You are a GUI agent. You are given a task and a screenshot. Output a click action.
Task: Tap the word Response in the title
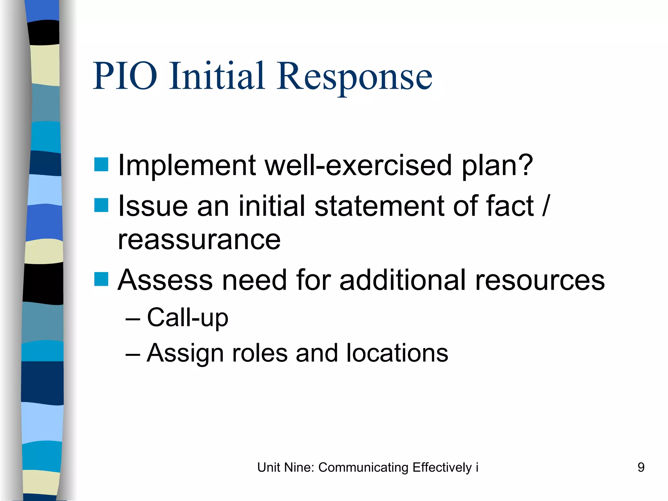tap(355, 77)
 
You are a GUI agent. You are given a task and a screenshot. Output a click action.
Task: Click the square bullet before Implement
tap(101, 164)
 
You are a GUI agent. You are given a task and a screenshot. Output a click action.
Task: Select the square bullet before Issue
tap(101, 205)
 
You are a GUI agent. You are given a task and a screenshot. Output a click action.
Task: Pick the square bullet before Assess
tap(101, 279)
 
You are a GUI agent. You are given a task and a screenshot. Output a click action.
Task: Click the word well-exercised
tap(358, 165)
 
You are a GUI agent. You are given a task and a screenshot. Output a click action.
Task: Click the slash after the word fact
tap(546, 205)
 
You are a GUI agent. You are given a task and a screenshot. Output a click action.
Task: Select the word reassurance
tap(199, 240)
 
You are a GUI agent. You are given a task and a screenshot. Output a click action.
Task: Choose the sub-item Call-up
tap(188, 317)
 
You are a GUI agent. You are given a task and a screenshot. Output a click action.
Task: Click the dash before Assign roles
tap(133, 354)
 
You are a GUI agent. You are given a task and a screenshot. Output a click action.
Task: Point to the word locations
tap(397, 353)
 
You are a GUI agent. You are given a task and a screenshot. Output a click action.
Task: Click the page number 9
tap(641, 467)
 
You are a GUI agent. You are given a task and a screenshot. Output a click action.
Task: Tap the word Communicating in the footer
tap(363, 468)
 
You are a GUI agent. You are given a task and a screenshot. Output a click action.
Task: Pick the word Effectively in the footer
tap(442, 468)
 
